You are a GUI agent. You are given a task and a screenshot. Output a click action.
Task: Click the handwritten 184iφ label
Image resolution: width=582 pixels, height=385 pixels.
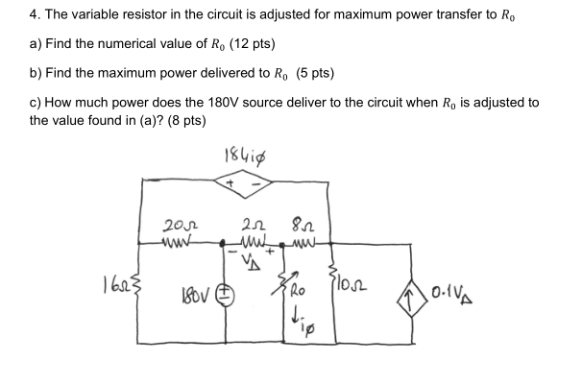[x=244, y=156]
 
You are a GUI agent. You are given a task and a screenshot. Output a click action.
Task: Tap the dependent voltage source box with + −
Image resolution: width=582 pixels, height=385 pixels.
[x=244, y=181]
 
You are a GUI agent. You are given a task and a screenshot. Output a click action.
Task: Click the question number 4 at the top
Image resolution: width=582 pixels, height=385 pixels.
[x=33, y=16]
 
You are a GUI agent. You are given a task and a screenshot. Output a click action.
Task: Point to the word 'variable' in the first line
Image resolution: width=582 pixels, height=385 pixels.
[x=93, y=16]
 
